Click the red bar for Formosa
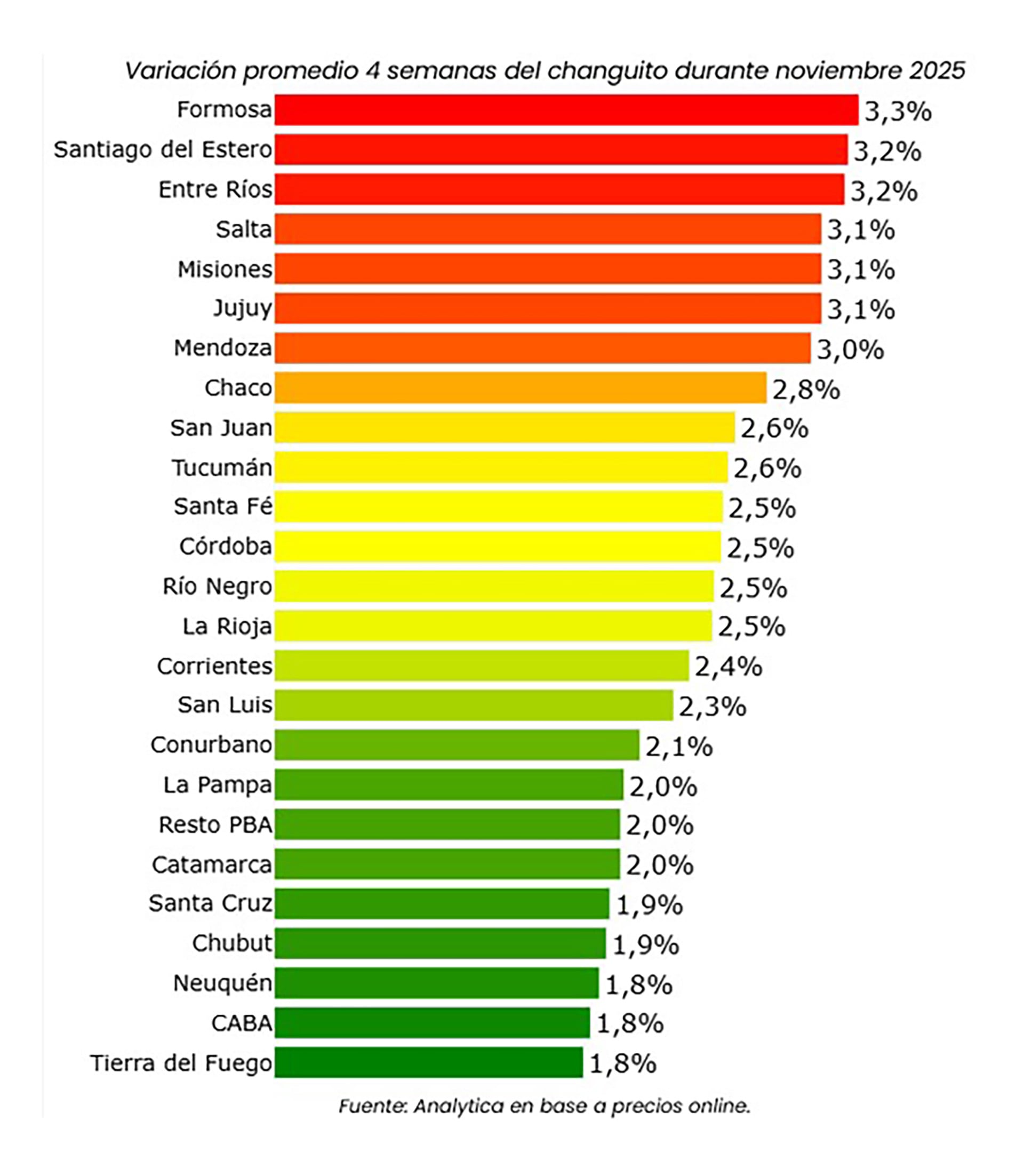pos(566,110)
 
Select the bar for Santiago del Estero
pos(561,150)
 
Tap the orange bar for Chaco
pos(520,387)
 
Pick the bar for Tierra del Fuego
pos(429,1062)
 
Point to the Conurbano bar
pos(457,744)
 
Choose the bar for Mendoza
pos(542,348)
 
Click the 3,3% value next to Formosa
pos(898,111)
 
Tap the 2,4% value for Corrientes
pos(729,667)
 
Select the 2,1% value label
pos(679,746)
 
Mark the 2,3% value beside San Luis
pos(713,707)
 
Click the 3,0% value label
pos(850,350)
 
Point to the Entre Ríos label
pos(215,190)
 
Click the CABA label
pos(242,1023)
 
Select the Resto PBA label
pos(215,824)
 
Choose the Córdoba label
pos(226,546)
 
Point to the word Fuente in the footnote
pos(373,1106)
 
